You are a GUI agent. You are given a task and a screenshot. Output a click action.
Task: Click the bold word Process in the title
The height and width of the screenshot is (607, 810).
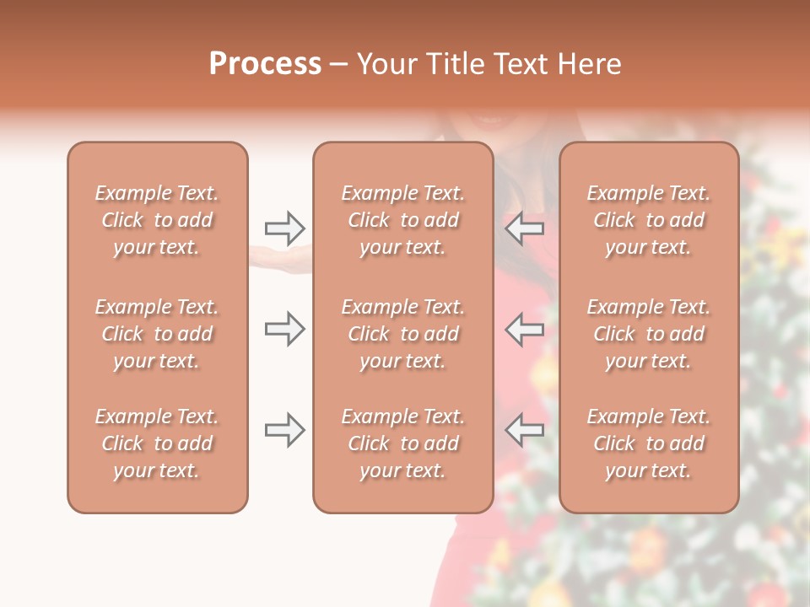(x=265, y=64)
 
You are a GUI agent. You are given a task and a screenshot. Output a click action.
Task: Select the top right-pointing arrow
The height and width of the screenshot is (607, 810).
(x=284, y=228)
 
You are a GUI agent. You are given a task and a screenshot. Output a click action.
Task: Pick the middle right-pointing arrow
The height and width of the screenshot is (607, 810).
(x=284, y=329)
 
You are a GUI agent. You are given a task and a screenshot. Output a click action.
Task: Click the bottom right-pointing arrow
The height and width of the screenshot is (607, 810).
(x=284, y=431)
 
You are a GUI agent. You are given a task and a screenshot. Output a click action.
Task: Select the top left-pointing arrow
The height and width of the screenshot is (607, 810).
(x=525, y=228)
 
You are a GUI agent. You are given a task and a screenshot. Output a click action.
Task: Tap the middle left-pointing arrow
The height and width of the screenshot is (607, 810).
(x=525, y=329)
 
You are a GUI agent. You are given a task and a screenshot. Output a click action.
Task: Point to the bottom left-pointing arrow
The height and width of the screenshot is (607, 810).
(x=525, y=431)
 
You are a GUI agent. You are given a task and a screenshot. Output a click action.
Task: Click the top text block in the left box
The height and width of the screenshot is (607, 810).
(x=157, y=220)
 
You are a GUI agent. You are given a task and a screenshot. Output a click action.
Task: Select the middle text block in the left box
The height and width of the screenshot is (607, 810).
(x=157, y=334)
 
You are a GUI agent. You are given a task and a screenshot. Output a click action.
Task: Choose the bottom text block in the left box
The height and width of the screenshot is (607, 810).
(x=157, y=443)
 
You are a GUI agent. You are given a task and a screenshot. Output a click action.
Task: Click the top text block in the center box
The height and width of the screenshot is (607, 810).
(x=403, y=220)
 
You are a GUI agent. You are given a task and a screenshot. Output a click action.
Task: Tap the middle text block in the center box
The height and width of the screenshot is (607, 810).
(x=403, y=334)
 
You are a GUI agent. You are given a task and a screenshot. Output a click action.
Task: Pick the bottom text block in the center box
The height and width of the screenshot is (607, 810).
(x=403, y=443)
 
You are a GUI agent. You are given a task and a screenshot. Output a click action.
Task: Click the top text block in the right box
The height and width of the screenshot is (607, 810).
(x=649, y=220)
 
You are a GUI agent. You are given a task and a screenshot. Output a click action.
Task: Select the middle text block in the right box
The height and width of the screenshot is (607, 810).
(x=649, y=334)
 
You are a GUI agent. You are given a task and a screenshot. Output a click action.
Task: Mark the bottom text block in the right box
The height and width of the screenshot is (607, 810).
(x=649, y=443)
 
